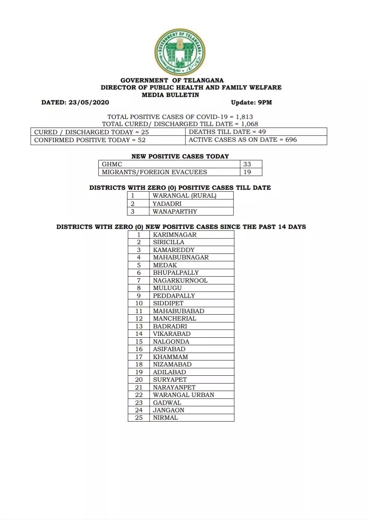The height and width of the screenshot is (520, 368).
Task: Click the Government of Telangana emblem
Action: [x=180, y=52]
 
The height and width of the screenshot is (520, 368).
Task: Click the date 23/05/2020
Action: [x=89, y=103]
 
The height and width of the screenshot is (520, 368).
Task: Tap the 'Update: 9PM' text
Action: [x=251, y=103]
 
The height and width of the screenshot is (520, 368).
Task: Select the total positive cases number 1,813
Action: [x=244, y=117]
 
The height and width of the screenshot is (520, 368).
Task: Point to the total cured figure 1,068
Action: [x=249, y=124]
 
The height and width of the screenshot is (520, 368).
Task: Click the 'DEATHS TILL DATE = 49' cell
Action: [x=227, y=132]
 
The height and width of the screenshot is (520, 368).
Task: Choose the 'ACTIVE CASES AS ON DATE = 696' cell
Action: [x=243, y=140]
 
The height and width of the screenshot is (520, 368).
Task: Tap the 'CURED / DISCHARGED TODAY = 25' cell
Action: [x=91, y=132]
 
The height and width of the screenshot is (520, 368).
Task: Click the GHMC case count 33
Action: [x=247, y=164]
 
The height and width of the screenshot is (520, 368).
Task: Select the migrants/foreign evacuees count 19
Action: [x=247, y=172]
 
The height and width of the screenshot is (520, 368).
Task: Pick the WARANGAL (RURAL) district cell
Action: [x=184, y=196]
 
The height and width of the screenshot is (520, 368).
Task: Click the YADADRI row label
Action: [x=167, y=204]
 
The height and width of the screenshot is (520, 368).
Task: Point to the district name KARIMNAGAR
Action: [x=174, y=235]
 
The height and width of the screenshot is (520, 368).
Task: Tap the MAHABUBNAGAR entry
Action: [x=181, y=258]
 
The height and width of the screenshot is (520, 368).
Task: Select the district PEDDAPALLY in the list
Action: [x=174, y=296]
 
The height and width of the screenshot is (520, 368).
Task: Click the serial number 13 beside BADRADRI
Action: [x=139, y=326]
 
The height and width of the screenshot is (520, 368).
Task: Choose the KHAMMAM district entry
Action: [x=170, y=357]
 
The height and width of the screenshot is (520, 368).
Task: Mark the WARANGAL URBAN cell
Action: [x=183, y=395]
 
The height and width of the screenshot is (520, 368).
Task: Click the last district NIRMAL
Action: [x=165, y=418]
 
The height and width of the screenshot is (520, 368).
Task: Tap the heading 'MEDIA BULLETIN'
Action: [x=170, y=95]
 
